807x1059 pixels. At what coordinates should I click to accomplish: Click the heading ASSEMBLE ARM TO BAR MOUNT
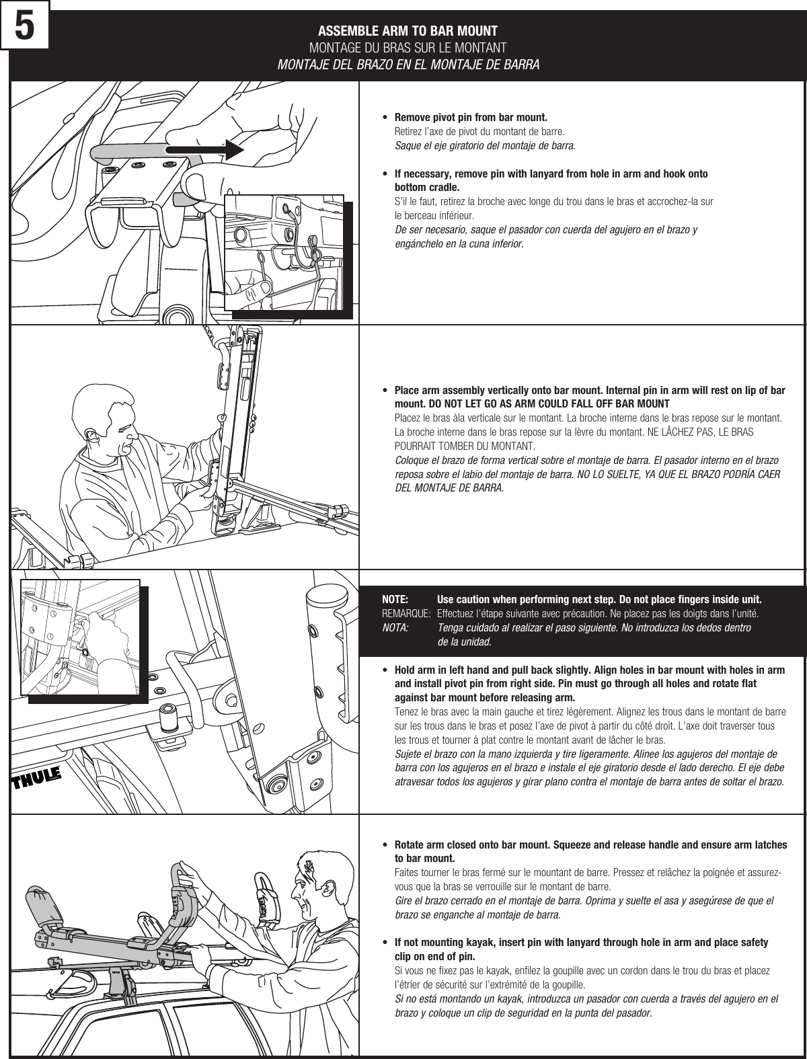coord(408,32)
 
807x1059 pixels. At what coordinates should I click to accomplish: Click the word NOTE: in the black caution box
coord(395,599)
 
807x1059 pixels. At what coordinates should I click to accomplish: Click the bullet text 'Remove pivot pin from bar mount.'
coord(470,117)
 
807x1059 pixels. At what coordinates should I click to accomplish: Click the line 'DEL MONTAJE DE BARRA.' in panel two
coord(448,487)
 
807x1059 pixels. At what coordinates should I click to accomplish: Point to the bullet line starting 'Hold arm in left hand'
coord(589,670)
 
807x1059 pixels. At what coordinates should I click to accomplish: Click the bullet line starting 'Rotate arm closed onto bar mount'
coord(590,845)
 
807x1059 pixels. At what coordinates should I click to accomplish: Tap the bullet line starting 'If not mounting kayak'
coord(580,943)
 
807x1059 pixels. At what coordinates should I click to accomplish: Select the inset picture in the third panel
coord(79,636)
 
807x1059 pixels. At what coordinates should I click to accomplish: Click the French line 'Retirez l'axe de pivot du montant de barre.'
coord(479,131)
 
